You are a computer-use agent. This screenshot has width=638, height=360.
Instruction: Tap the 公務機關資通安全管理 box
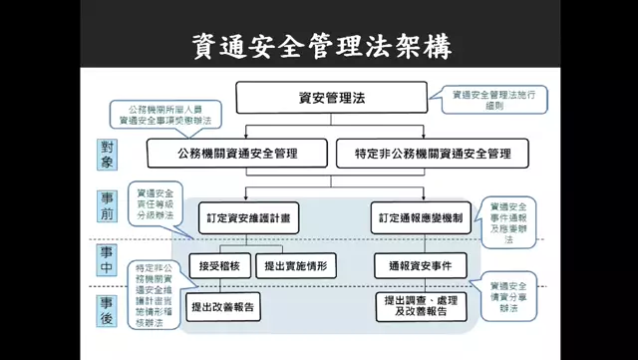236,154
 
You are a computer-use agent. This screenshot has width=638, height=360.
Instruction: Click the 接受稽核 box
217,266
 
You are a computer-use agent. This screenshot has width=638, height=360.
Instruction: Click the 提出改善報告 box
225,305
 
